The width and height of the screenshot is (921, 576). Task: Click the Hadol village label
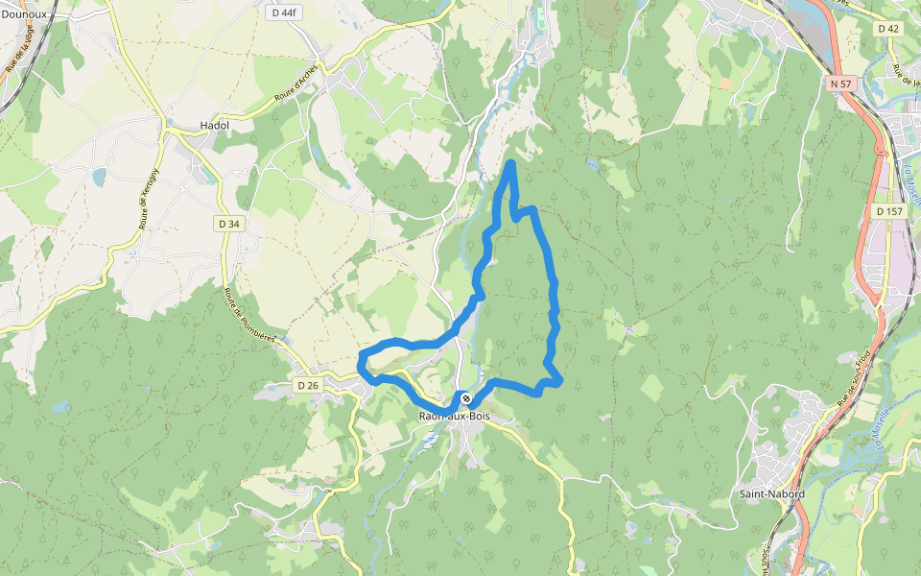click(214, 126)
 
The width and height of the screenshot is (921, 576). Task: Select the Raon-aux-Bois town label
click(455, 416)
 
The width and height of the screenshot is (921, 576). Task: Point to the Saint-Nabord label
click(771, 493)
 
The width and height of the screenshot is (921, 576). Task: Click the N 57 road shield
click(840, 84)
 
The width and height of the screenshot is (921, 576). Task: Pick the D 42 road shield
click(888, 29)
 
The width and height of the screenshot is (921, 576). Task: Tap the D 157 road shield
click(890, 210)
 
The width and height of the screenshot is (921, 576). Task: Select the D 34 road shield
click(227, 224)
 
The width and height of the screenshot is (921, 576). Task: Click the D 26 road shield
click(307, 385)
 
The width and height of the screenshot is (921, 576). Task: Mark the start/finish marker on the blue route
click(465, 397)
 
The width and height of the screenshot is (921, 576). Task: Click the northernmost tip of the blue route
click(510, 165)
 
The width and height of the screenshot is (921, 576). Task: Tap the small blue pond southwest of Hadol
click(99, 177)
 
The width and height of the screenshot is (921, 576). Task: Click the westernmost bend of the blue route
click(361, 362)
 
